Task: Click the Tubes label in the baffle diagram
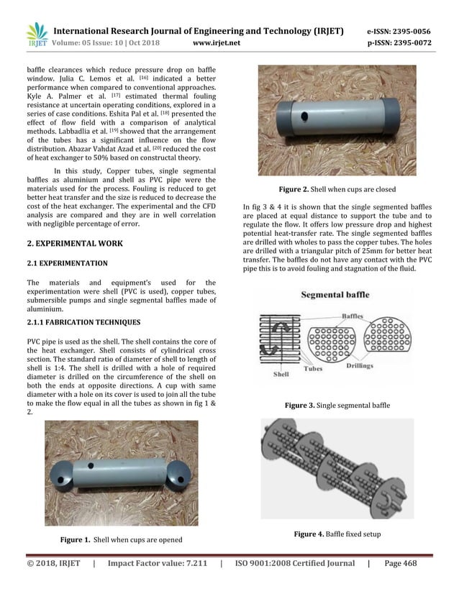(313, 368)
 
